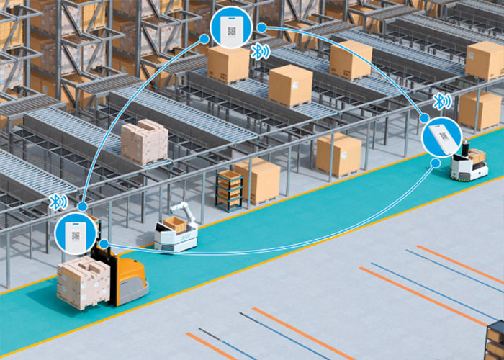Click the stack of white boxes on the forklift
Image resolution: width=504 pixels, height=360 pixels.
[x=82, y=282]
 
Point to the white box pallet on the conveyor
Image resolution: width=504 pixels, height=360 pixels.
[x=144, y=140]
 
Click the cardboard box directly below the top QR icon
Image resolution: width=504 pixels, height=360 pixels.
[x=228, y=64]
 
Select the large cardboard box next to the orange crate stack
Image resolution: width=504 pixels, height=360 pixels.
[x=259, y=180]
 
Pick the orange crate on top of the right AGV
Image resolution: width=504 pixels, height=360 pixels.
[x=477, y=154]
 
